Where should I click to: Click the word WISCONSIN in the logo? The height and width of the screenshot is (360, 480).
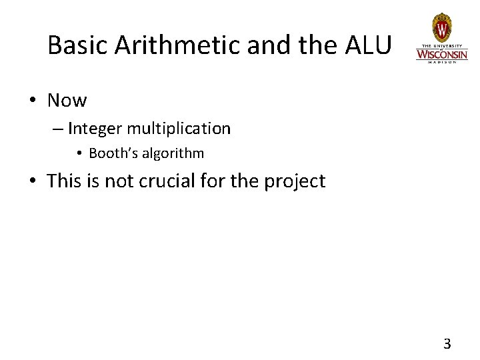(441, 53)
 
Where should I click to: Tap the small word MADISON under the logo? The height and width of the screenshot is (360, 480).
(441, 62)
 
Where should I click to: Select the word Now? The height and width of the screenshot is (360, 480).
(67, 101)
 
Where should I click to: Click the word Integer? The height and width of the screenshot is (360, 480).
(91, 128)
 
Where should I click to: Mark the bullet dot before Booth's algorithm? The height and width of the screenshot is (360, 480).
(79, 154)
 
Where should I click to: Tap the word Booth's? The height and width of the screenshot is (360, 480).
(111, 153)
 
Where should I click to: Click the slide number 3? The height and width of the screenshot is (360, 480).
(447, 344)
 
